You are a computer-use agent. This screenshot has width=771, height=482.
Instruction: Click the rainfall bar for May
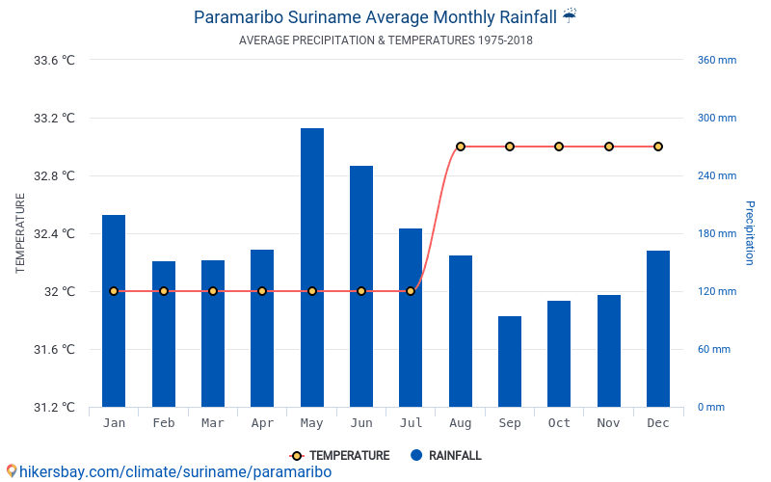coord(312,267)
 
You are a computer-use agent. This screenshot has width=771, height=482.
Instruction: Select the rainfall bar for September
coord(510,361)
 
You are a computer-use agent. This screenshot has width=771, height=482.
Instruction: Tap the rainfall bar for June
coord(361,286)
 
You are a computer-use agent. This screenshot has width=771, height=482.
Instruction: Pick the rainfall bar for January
coord(114,310)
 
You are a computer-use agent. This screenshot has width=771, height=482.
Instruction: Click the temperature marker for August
coord(461,147)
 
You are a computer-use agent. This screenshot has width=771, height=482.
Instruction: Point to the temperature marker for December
coord(658,147)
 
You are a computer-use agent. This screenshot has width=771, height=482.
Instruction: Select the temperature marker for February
coord(164,291)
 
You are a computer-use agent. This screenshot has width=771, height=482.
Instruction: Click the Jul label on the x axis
coord(411,423)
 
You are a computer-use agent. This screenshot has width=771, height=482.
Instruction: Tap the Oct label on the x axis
coord(559,423)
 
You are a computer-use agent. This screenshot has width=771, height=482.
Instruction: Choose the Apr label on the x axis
coord(262,423)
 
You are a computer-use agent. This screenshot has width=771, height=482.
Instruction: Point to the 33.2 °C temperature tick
coord(54,119)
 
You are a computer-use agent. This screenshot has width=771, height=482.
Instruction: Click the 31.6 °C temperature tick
coord(54,349)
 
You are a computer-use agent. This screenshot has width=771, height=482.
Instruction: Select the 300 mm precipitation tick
coord(716,119)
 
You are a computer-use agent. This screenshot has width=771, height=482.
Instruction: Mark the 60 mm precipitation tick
coord(714,349)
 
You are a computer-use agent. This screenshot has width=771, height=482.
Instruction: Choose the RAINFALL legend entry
coord(445,456)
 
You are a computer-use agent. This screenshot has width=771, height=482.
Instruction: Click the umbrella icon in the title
coord(570,15)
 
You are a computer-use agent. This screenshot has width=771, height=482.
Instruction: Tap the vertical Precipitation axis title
coord(749,233)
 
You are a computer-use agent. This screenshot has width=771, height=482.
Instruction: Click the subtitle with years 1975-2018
coord(385,40)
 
